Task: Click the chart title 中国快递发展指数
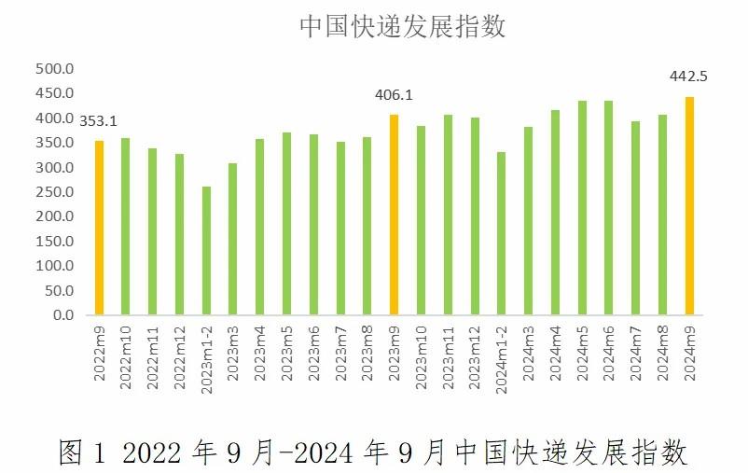[402, 26]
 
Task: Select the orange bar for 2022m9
[99, 228]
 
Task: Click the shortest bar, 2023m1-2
[206, 251]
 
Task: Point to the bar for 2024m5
[582, 208]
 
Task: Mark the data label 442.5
[688, 77]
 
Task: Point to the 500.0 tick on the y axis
[54, 69]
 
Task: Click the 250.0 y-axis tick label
[54, 192]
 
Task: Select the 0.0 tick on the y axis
[62, 315]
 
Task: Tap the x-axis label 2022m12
[179, 353]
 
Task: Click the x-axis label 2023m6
[314, 350]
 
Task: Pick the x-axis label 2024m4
[556, 350]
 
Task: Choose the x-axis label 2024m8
[663, 350]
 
